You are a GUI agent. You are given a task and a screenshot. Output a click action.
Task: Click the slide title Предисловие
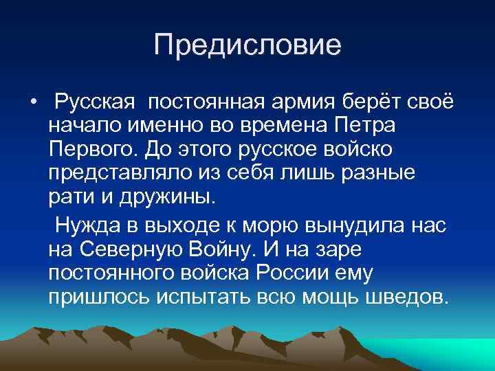pos(247,46)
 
